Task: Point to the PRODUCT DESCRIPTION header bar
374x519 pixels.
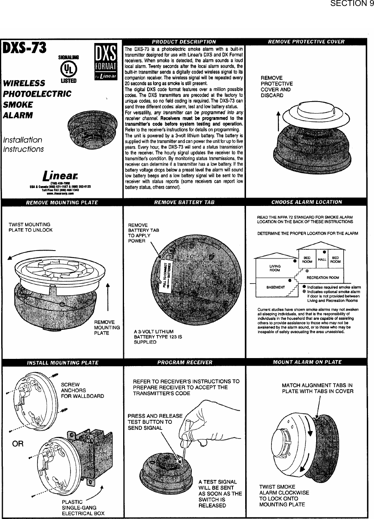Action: tap(184, 41)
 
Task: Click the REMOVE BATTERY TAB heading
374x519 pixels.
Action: tap(184, 202)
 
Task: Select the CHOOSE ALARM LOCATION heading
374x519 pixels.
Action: tap(306, 202)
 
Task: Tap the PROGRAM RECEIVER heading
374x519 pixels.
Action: tap(185, 362)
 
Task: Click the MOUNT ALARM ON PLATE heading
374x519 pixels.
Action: tap(307, 362)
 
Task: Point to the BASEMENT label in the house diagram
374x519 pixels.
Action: tap(276, 287)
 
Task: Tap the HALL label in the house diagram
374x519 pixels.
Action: tap(322, 259)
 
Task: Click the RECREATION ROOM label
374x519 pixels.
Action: tap(323, 277)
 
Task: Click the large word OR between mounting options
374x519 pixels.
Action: tap(18, 444)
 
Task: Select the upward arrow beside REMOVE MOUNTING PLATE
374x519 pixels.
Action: tap(108, 299)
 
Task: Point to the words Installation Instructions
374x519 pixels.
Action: tap(23, 145)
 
